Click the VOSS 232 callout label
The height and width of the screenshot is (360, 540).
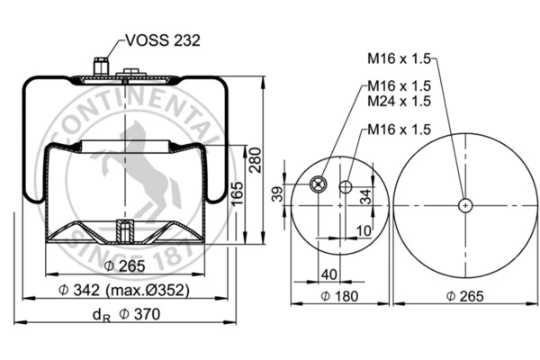[163, 40]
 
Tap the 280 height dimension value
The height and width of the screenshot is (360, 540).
[256, 160]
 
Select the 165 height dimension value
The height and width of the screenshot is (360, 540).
[237, 193]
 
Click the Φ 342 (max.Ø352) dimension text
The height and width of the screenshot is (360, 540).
[124, 290]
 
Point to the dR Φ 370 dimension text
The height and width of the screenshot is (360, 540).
[126, 314]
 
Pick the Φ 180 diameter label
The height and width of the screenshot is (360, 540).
[339, 296]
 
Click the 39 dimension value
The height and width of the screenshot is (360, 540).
[277, 194]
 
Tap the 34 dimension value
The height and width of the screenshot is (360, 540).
[365, 196]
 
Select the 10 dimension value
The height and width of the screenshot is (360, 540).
[364, 230]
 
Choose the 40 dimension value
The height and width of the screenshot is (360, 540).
[329, 274]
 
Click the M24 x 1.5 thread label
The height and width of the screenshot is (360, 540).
[399, 101]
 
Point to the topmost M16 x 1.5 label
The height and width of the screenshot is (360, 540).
[399, 58]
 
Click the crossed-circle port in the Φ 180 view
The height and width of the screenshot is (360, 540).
[318, 184]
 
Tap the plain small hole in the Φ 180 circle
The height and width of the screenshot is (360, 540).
[346, 187]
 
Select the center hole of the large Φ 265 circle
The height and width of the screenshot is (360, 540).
[465, 206]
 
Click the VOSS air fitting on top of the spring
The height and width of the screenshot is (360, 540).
[101, 67]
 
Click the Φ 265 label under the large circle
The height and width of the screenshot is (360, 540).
[464, 296]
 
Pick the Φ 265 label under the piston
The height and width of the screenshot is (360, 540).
[124, 266]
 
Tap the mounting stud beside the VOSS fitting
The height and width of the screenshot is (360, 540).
[131, 72]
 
